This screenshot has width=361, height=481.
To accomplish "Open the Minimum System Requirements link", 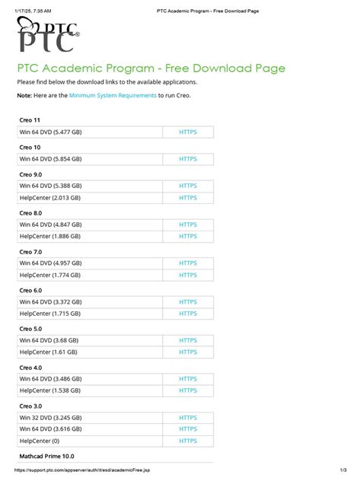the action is (x=113, y=95).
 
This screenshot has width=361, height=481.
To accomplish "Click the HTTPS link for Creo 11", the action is (x=187, y=132).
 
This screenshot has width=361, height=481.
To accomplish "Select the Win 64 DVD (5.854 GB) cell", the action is (x=50, y=159).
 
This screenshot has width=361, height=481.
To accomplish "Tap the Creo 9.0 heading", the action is (x=31, y=174).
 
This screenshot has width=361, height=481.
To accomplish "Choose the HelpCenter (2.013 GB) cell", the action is (x=51, y=198).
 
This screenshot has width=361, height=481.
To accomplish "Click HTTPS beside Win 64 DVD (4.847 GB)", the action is (x=187, y=225).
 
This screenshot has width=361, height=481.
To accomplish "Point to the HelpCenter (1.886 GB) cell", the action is (x=51, y=237).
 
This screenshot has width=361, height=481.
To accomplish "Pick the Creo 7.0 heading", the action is (x=31, y=251).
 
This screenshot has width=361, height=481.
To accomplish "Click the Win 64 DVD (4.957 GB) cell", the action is (x=50, y=263).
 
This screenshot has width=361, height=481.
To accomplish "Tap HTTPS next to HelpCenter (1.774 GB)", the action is (x=187, y=276).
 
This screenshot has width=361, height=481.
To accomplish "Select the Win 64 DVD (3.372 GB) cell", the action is (x=50, y=302).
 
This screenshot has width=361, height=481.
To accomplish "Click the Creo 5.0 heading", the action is (x=31, y=329).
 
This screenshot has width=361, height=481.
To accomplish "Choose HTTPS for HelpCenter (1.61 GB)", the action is (x=187, y=353).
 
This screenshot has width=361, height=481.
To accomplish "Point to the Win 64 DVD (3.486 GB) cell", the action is (x=50, y=379).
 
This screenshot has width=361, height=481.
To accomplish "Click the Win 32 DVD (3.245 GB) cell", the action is (x=50, y=418).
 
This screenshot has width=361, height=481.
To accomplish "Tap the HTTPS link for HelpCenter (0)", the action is (x=187, y=441).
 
